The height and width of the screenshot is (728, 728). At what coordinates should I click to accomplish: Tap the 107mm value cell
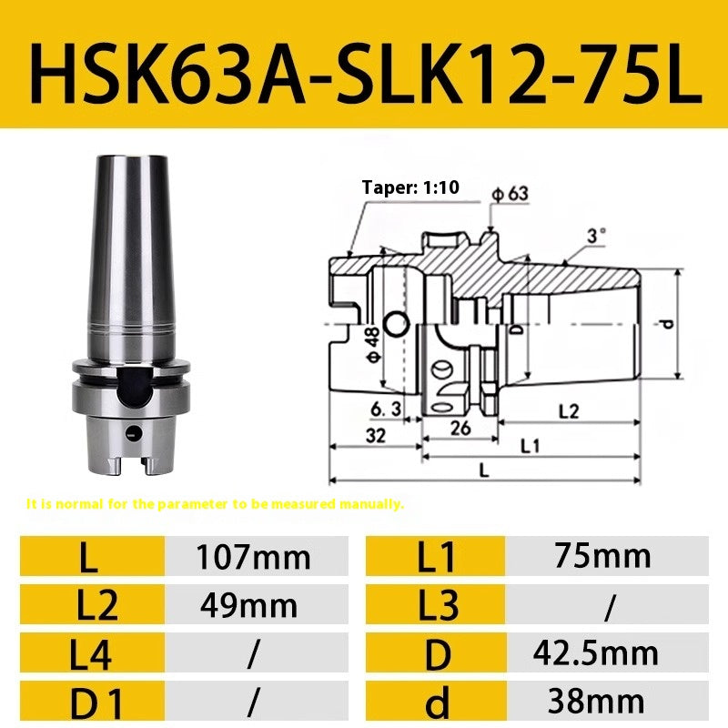point(253,557)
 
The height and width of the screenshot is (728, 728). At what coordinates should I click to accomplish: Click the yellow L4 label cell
point(88,652)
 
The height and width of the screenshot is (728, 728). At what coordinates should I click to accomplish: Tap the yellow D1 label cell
point(88,701)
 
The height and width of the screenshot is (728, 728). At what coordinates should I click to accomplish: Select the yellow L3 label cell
point(436,605)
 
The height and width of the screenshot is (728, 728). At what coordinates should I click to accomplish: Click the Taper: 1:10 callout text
point(410,188)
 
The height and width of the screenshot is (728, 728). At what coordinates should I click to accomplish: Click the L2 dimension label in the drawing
point(567,411)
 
